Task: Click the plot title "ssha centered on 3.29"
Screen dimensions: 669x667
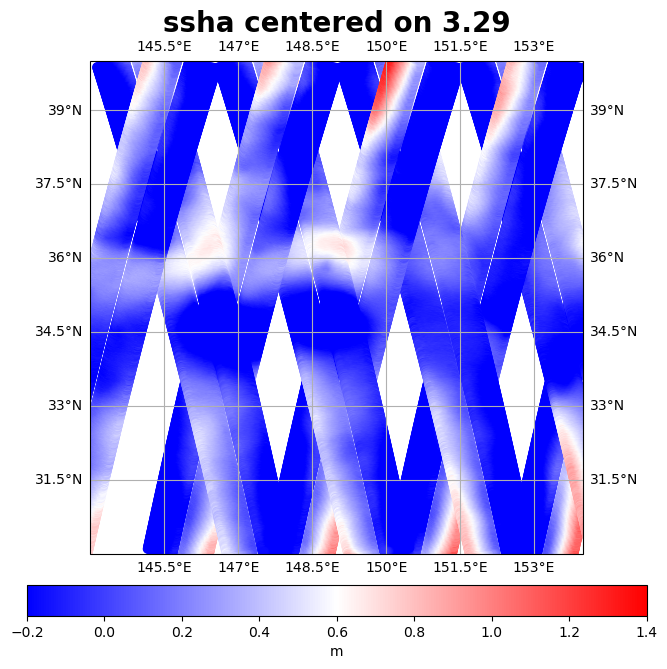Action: (x=336, y=23)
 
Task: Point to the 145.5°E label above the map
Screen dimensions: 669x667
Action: (x=164, y=47)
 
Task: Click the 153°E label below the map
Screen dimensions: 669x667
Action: (x=534, y=567)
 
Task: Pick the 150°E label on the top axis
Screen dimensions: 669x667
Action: (x=386, y=47)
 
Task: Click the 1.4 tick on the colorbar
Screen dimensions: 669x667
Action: (x=647, y=633)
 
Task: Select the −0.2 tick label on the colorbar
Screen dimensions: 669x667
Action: (x=27, y=633)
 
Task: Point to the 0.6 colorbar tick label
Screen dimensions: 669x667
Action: (x=337, y=633)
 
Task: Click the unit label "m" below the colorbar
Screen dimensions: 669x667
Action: (x=337, y=651)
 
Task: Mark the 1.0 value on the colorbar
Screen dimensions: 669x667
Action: (x=492, y=633)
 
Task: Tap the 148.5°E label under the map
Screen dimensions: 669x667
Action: (x=312, y=567)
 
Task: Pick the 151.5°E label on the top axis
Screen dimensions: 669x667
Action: (x=460, y=47)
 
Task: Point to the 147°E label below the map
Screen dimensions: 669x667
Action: (x=238, y=567)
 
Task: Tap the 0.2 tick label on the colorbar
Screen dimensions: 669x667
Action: (x=182, y=633)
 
